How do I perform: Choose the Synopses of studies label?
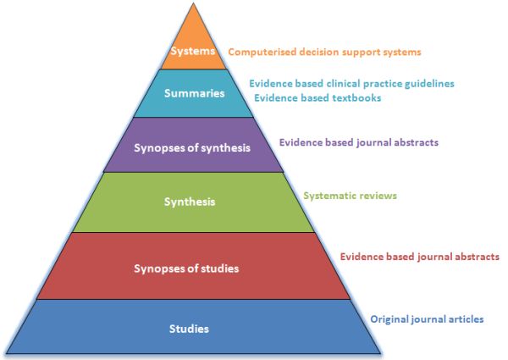point(187,269)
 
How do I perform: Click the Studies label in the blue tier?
point(189,328)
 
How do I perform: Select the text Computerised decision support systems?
point(325,52)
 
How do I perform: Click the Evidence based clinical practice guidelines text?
point(351,84)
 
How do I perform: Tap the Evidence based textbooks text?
point(317,97)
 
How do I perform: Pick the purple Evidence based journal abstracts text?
point(358,142)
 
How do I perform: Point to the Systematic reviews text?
point(350,196)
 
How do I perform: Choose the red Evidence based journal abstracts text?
point(419,256)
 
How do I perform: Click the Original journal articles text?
point(427,319)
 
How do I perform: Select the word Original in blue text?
point(389,319)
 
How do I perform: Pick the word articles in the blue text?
point(465,319)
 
